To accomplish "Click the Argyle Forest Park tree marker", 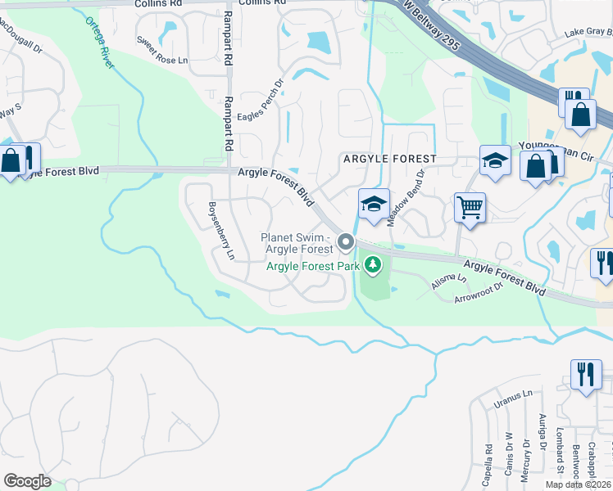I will coord(373,264).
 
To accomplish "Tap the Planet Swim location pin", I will coord(345,241).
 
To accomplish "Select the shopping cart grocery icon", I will coord(470,208).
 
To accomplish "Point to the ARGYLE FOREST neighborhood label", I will coord(389,157).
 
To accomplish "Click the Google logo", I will coord(27,481).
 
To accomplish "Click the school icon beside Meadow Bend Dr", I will coord(373,205).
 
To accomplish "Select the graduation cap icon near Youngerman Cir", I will coord(494,161).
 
